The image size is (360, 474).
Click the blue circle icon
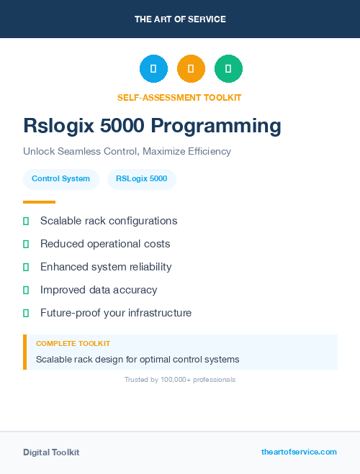point(153,69)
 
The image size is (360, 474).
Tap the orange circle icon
point(191,69)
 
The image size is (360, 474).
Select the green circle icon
point(228,69)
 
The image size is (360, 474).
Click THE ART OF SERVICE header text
point(180,19)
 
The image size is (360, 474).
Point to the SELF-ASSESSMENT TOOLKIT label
point(179,97)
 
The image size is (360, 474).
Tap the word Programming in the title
point(216,126)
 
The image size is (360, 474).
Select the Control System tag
point(60,179)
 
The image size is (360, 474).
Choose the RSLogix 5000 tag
point(141,179)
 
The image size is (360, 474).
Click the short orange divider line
point(39,202)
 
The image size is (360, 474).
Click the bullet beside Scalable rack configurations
point(26,221)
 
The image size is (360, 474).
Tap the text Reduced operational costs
point(105,244)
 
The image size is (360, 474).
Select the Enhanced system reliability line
point(106,267)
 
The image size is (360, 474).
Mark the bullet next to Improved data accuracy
point(26,290)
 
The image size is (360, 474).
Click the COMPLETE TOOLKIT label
point(73,344)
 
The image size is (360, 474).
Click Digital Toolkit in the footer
point(51,452)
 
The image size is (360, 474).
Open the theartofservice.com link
point(299,452)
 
